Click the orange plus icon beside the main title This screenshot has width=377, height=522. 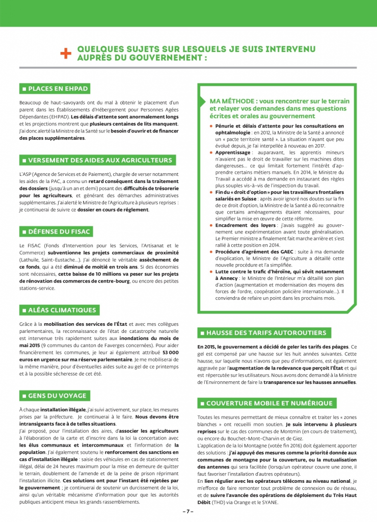click(65, 54)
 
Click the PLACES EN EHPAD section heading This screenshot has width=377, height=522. click(55, 89)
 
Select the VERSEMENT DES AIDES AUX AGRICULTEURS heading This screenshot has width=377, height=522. click(97, 160)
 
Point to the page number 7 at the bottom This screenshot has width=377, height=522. click(188, 511)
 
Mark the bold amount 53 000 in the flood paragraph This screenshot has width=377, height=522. click(170, 352)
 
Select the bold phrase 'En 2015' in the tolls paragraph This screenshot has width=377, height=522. click(208, 347)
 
